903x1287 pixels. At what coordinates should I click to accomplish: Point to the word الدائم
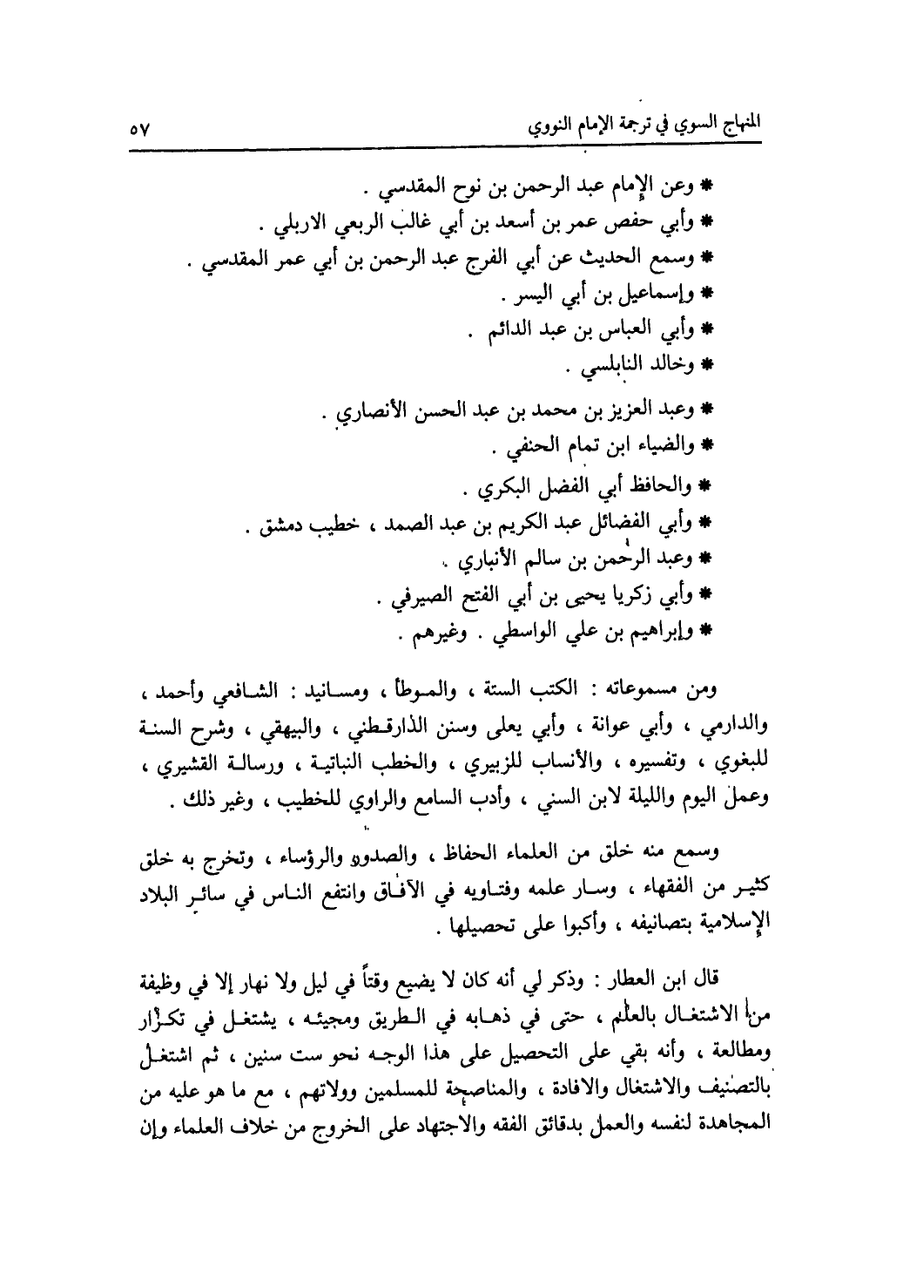(500, 333)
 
